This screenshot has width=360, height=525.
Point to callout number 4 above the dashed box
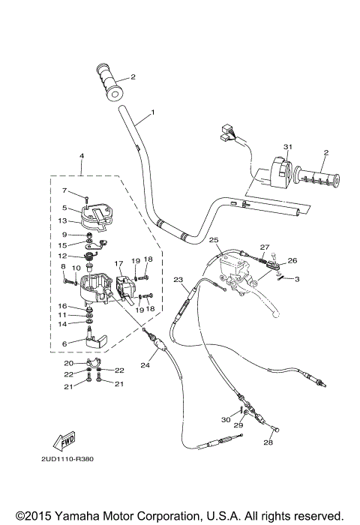click(x=80, y=155)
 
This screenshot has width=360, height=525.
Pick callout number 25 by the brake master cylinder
click(x=214, y=240)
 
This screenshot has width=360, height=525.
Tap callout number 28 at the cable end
click(x=268, y=442)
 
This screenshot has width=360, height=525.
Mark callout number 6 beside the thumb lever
click(x=64, y=343)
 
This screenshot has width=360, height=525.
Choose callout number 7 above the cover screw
click(x=64, y=190)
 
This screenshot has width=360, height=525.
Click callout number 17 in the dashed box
click(x=118, y=263)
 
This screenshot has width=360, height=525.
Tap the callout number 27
click(x=264, y=247)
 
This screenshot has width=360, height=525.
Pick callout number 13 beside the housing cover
click(x=64, y=220)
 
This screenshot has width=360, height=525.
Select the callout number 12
click(x=64, y=256)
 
